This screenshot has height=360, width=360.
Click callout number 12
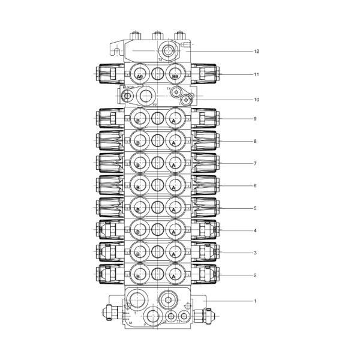(256, 52)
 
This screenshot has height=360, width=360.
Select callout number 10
(256, 100)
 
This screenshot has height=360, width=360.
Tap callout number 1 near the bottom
(255, 301)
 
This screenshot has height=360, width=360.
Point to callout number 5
(255, 208)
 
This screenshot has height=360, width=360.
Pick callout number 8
(255, 141)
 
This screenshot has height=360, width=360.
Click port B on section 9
(140, 119)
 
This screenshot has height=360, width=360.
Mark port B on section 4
(140, 230)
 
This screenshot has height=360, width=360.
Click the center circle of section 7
(157, 163)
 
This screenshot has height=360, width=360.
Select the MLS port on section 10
(127, 95)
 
